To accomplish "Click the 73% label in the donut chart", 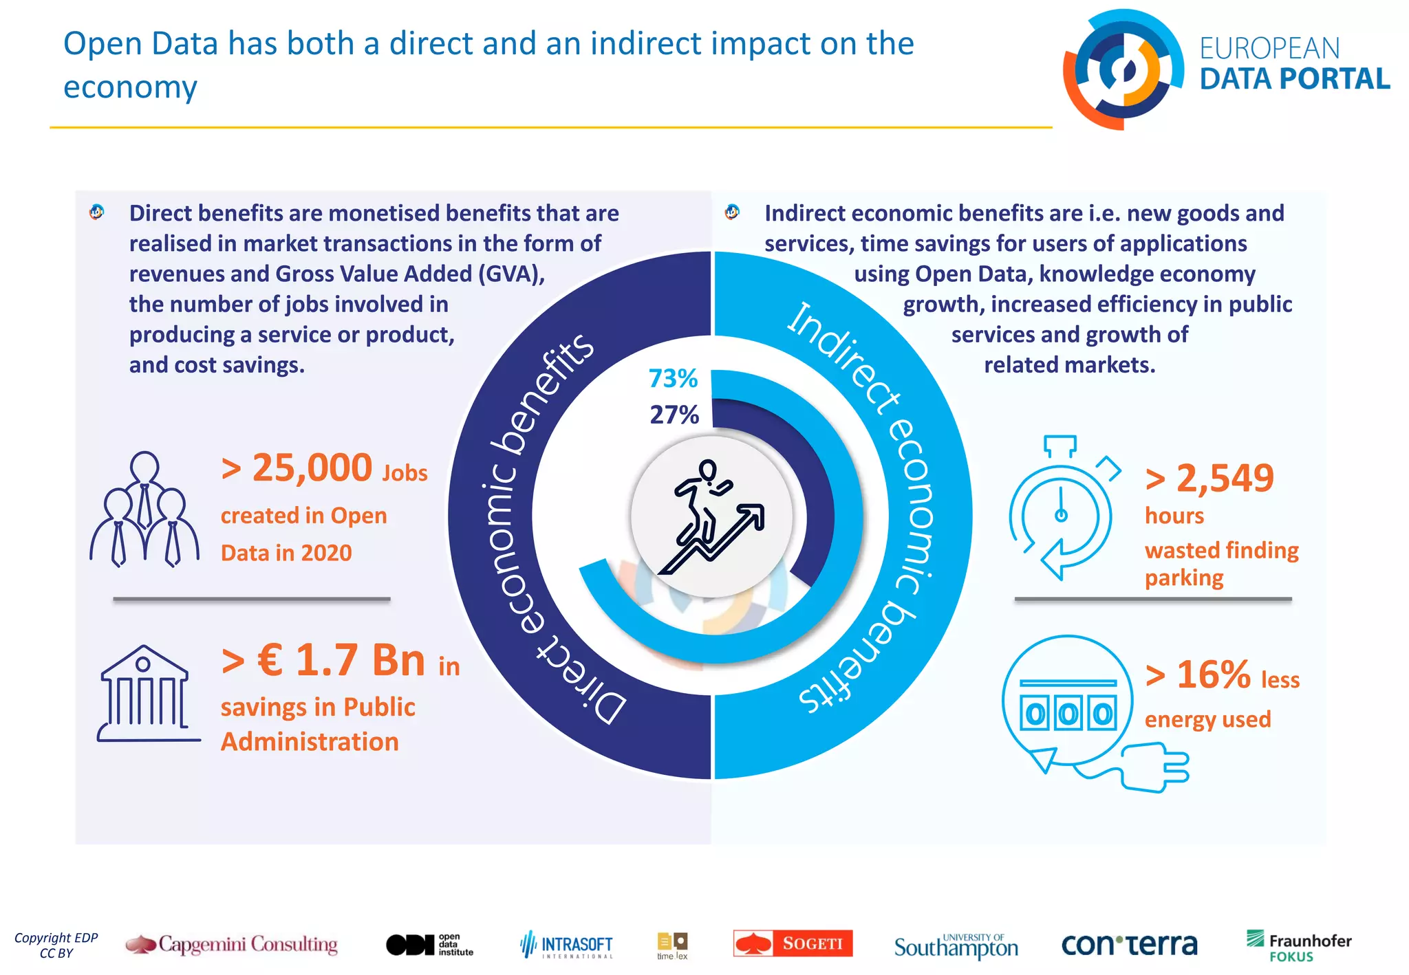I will pos(673,379).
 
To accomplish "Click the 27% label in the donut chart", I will pos(674,415).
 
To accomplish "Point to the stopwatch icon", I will pos(1062,509).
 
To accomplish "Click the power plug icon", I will pos(1156,767).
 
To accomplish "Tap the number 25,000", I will pos(312,468).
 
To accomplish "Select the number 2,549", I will pos(1225,478).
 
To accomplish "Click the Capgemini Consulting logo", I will pos(232,944).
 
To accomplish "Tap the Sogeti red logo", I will pos(793,943).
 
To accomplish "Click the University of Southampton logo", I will pos(956,946).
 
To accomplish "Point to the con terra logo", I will pos(1129,945).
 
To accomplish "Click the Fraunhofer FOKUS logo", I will pos(1298,946).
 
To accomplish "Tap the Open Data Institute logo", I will pos(429,945).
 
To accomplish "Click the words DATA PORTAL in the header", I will pos(1294,79).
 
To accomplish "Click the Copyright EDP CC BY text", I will pos(56,945).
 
